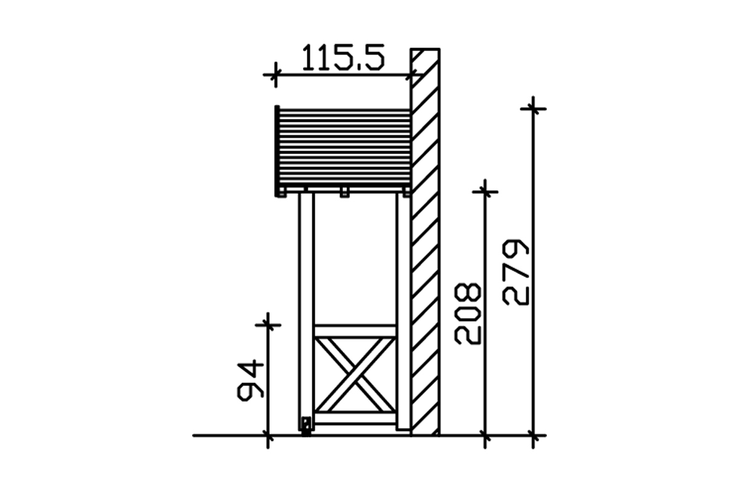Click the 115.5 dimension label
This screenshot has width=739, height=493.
pyautogui.click(x=343, y=58)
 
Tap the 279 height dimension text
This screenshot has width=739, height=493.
pyautogui.click(x=515, y=272)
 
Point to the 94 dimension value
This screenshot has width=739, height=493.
pyautogui.click(x=251, y=380)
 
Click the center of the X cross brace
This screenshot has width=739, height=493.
pyautogui.click(x=355, y=375)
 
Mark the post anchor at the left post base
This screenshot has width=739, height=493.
pyautogui.click(x=307, y=426)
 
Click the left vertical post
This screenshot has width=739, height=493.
pyautogui.click(x=307, y=311)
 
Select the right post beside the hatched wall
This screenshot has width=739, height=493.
pyautogui.click(x=403, y=311)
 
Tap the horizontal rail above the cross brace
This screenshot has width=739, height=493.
pyautogui.click(x=355, y=331)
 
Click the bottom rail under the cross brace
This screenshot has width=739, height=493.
pyautogui.click(x=355, y=418)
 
